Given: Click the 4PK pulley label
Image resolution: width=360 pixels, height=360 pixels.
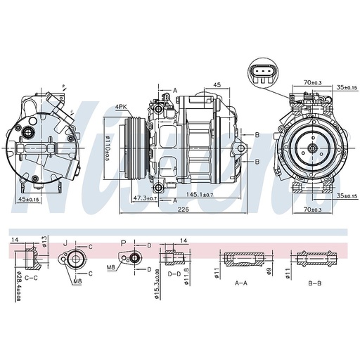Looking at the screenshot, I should pos(122,106).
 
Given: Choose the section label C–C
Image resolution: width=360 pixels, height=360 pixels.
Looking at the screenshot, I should pos(31,278).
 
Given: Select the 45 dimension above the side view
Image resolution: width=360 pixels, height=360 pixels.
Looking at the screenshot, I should pos(217,86).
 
